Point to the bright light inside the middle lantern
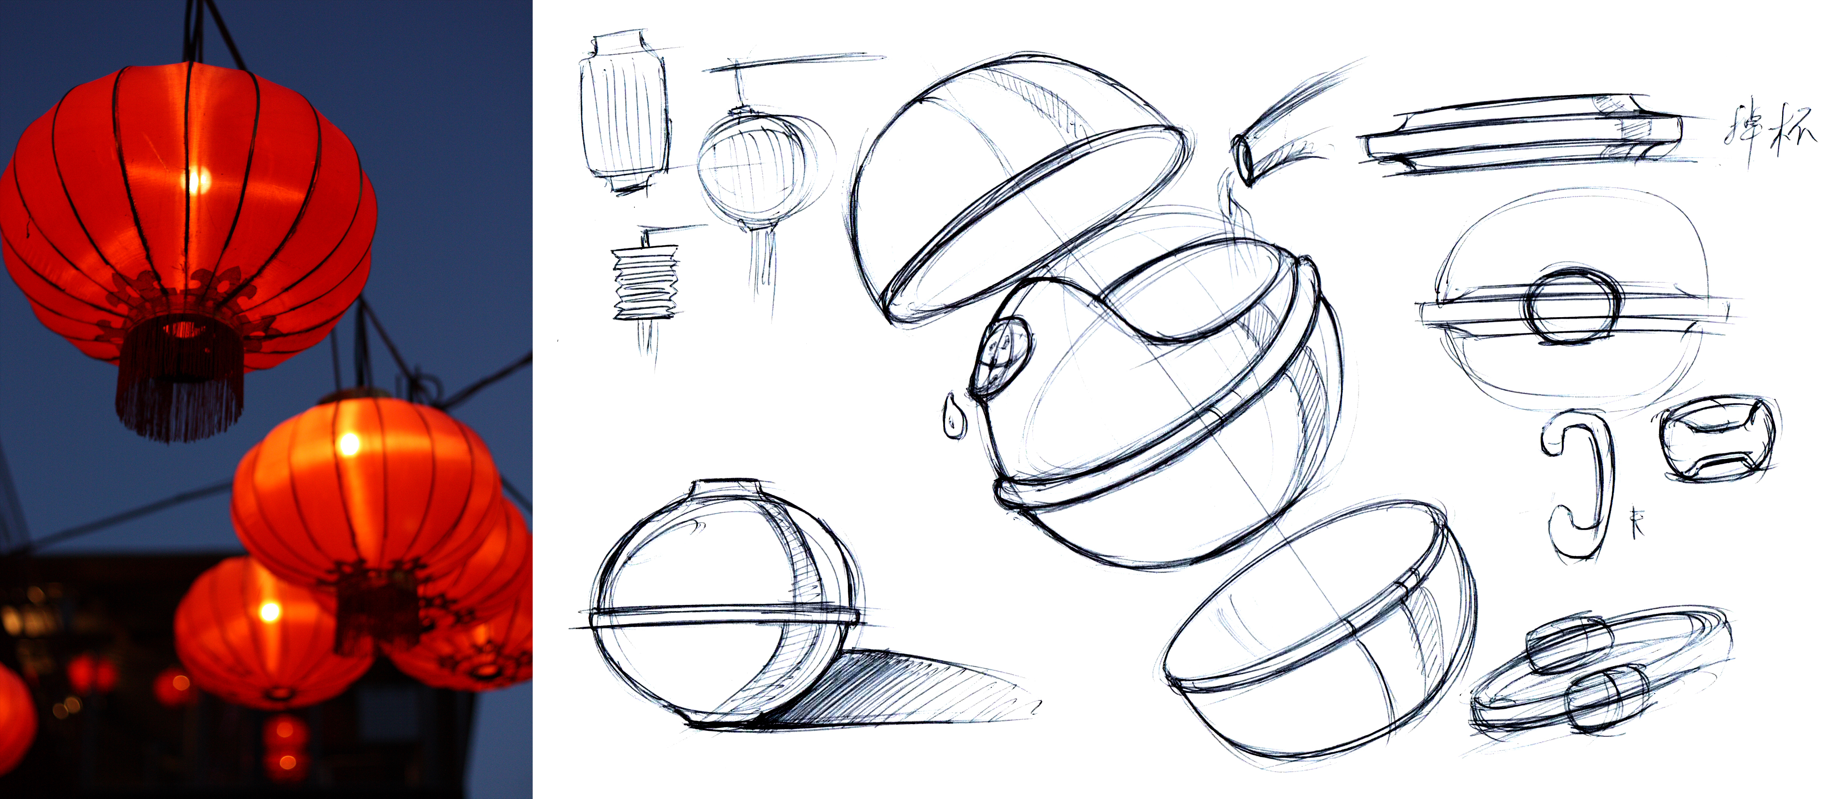[349, 444]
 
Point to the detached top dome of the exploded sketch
[1013, 185]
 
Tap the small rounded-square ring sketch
[1716, 439]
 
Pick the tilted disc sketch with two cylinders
[1598, 674]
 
